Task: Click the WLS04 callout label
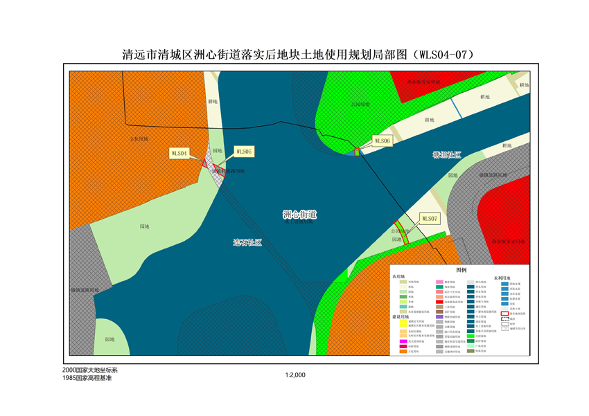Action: point(179,153)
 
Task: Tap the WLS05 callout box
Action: point(244,150)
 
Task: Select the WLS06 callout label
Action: point(383,141)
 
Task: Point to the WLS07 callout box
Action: point(429,218)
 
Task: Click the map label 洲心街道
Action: point(299,215)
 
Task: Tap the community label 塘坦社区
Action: point(446,155)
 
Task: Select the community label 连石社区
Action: point(247,242)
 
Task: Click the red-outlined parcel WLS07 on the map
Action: point(401,232)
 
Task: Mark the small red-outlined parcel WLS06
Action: point(358,152)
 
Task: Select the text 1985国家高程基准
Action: point(87,379)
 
